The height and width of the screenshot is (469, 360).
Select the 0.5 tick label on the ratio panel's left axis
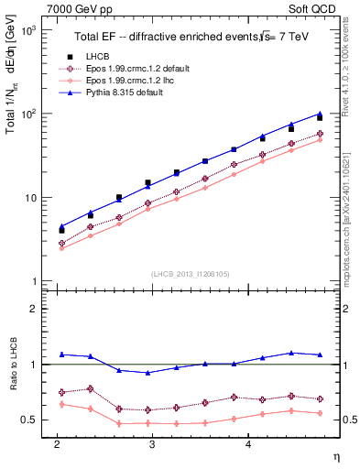(x=29, y=420)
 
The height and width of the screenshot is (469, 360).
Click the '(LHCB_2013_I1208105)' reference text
(x=190, y=273)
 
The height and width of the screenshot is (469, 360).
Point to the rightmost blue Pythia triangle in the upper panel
(x=320, y=114)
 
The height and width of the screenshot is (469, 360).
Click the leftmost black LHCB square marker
(x=61, y=230)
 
